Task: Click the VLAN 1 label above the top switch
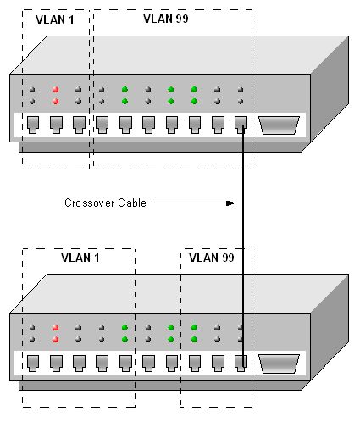pyautogui.click(x=55, y=19)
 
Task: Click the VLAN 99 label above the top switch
pyautogui.click(x=166, y=19)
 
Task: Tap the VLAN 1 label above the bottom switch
pyautogui.click(x=80, y=258)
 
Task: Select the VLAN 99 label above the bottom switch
pyautogui.click(x=212, y=258)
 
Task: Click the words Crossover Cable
pyautogui.click(x=105, y=203)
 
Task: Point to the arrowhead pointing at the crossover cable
pyautogui.click(x=231, y=203)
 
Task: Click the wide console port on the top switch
pyautogui.click(x=279, y=125)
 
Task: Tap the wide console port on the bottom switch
pyautogui.click(x=279, y=364)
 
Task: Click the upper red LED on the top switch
pyautogui.click(x=55, y=90)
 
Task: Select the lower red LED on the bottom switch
pyautogui.click(x=55, y=340)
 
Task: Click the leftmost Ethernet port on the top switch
pyautogui.click(x=33, y=125)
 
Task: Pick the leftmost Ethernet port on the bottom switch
pyautogui.click(x=33, y=364)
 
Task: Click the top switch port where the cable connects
pyautogui.click(x=241, y=125)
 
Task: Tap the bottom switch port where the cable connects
pyautogui.click(x=241, y=364)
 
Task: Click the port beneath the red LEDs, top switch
pyautogui.click(x=56, y=125)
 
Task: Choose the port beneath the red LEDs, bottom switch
pyautogui.click(x=56, y=364)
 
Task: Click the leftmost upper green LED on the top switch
pyautogui.click(x=125, y=90)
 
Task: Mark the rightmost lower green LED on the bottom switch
pyautogui.click(x=194, y=340)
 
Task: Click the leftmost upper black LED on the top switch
pyautogui.click(x=32, y=90)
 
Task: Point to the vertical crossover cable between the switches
pyautogui.click(x=242, y=247)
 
